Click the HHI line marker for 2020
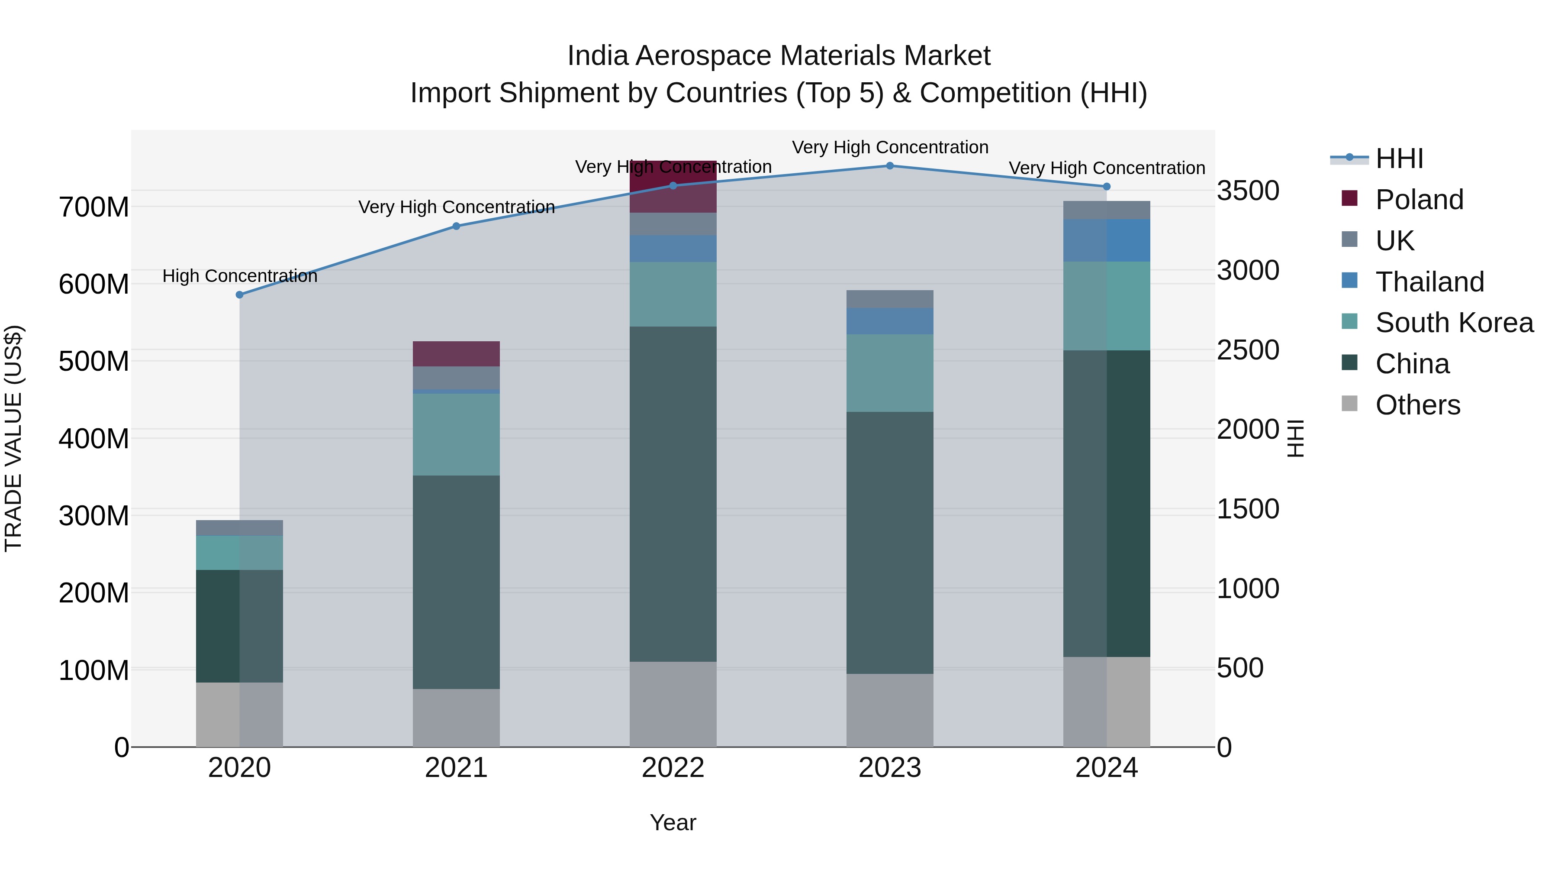239,295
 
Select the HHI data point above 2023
890,166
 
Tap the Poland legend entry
1419,200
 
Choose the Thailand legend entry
1429,282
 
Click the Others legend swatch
1349,404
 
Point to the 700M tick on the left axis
94,207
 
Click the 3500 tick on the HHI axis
1248,191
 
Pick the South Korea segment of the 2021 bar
456,434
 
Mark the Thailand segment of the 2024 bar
1106,240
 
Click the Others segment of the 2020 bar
239,714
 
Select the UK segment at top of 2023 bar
890,299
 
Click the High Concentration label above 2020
239,276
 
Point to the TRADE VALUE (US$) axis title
13,438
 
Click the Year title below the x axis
673,823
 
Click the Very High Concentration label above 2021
456,207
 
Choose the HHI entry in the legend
1398,159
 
